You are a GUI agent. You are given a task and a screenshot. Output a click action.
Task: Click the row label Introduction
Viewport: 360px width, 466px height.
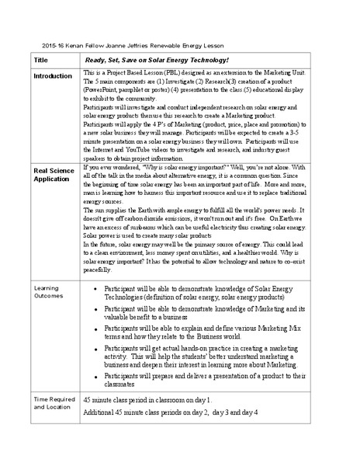(54, 76)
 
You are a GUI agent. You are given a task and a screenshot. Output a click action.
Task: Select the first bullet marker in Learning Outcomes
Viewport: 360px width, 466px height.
(94, 289)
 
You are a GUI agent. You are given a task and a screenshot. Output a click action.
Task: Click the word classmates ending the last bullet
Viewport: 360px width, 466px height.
(119, 384)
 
